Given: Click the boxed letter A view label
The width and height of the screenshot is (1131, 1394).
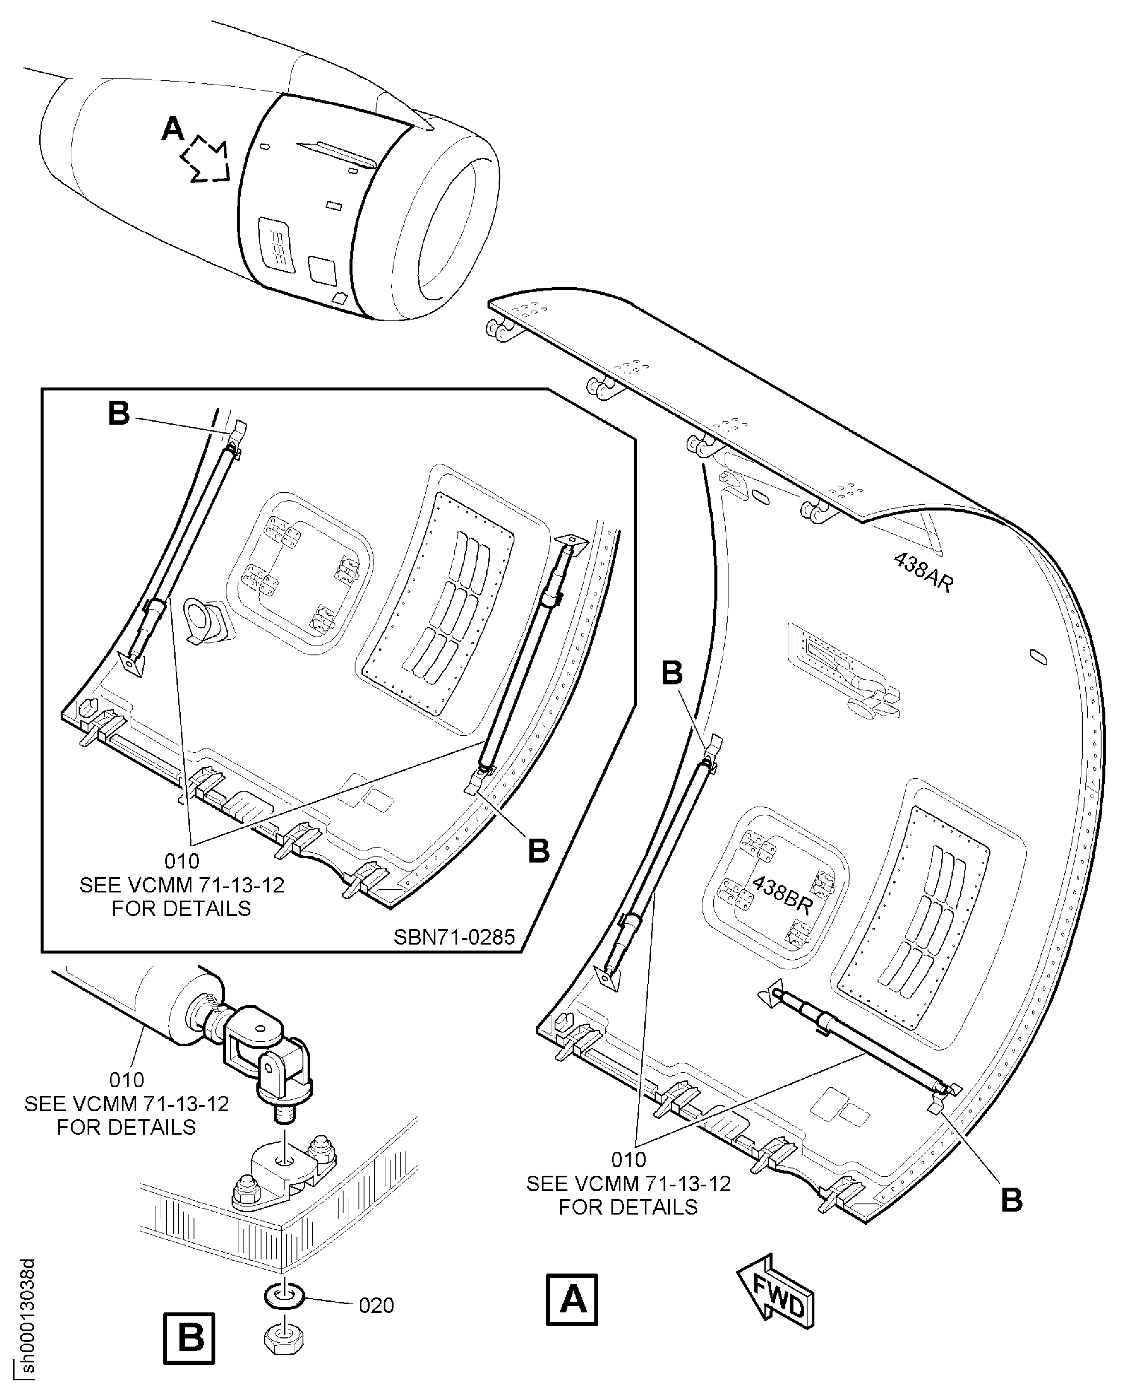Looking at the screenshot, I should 571,1300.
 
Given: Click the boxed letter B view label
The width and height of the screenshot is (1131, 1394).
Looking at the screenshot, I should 188,1338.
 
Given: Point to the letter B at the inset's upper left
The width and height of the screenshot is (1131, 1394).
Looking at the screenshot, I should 119,413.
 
